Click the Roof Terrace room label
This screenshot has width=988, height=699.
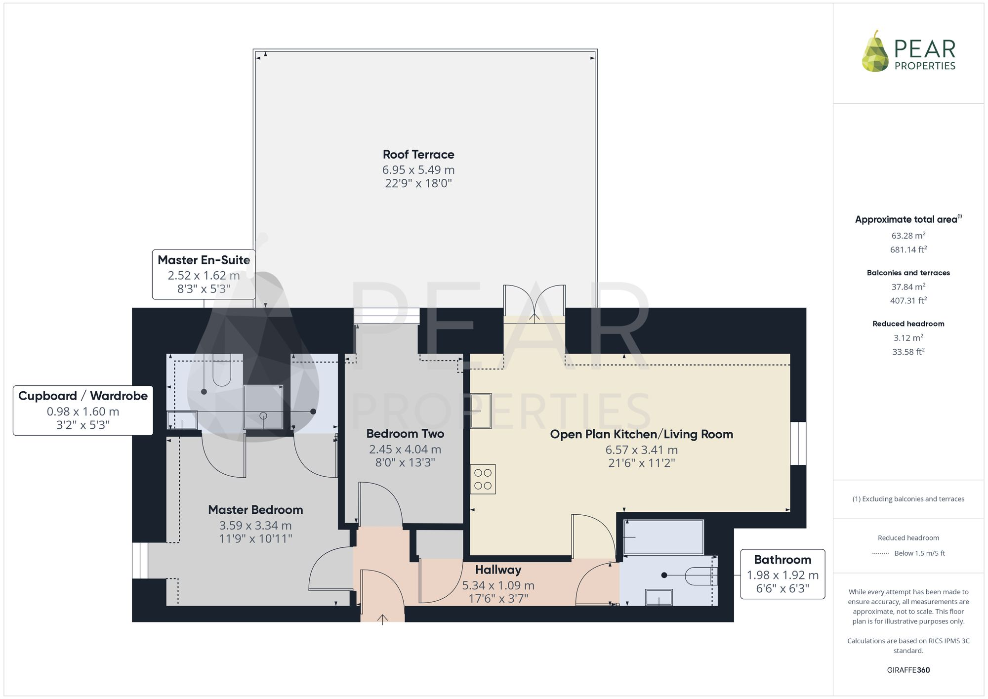pos(418,155)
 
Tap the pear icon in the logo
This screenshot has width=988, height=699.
pos(875,52)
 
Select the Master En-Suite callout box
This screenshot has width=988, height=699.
pos(204,274)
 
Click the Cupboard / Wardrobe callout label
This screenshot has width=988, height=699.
pos(83,396)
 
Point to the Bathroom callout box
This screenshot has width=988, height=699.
pos(782,574)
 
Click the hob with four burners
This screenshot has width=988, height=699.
pos(483,479)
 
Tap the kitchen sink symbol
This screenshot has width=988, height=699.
pos(480,411)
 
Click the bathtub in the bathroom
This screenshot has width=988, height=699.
pos(663,537)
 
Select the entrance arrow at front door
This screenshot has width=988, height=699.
pos(383,619)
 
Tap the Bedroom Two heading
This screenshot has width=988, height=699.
pos(405,434)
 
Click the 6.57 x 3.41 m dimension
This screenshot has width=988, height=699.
pos(641,450)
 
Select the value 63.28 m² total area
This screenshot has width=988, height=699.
pos(908,236)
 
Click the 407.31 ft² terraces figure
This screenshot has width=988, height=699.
pos(908,300)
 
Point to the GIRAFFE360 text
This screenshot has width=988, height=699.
pos(908,670)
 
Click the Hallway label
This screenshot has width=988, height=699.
pos(498,570)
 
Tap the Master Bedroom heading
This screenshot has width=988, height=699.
pos(255,510)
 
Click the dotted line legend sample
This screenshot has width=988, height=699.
pos(880,554)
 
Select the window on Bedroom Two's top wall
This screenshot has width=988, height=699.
pos(386,316)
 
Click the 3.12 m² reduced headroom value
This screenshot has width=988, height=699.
pos(908,338)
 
